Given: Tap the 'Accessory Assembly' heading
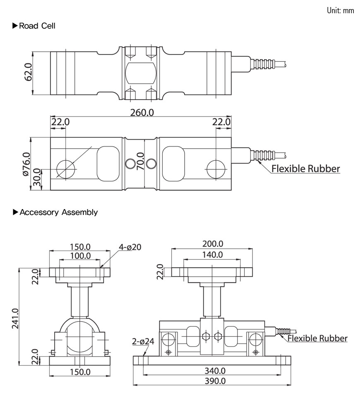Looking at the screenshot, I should pyautogui.click(x=58, y=212).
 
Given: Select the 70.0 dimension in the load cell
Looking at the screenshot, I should pyautogui.click(x=140, y=163).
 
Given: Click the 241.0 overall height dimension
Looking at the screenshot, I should pyautogui.click(x=15, y=318).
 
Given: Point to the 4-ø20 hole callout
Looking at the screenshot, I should pyautogui.click(x=130, y=247).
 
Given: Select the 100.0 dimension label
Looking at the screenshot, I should pyautogui.click(x=80, y=255).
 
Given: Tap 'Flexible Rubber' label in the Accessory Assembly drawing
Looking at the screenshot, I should pyautogui.click(x=317, y=338).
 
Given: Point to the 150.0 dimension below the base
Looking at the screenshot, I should pyautogui.click(x=80, y=372).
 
